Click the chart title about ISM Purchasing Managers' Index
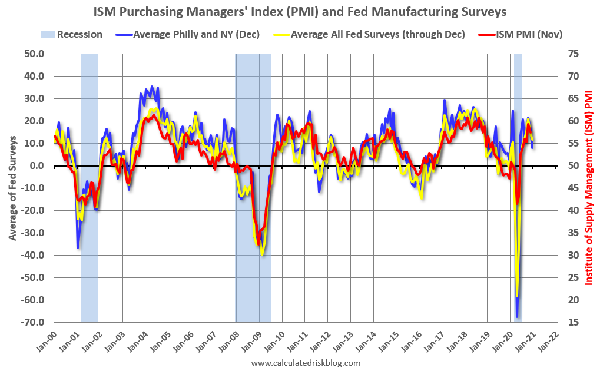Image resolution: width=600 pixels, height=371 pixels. point(300,11)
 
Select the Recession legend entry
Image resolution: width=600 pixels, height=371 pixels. point(71,34)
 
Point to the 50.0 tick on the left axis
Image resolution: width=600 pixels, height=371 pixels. point(35,54)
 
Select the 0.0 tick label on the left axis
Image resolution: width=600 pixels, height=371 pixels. point(38,166)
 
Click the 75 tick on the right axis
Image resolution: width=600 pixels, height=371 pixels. point(571,54)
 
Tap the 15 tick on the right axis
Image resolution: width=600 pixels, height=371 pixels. point(571,322)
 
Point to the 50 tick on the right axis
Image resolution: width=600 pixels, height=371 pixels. point(571,166)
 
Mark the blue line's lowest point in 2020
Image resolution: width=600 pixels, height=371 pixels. point(517,317)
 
